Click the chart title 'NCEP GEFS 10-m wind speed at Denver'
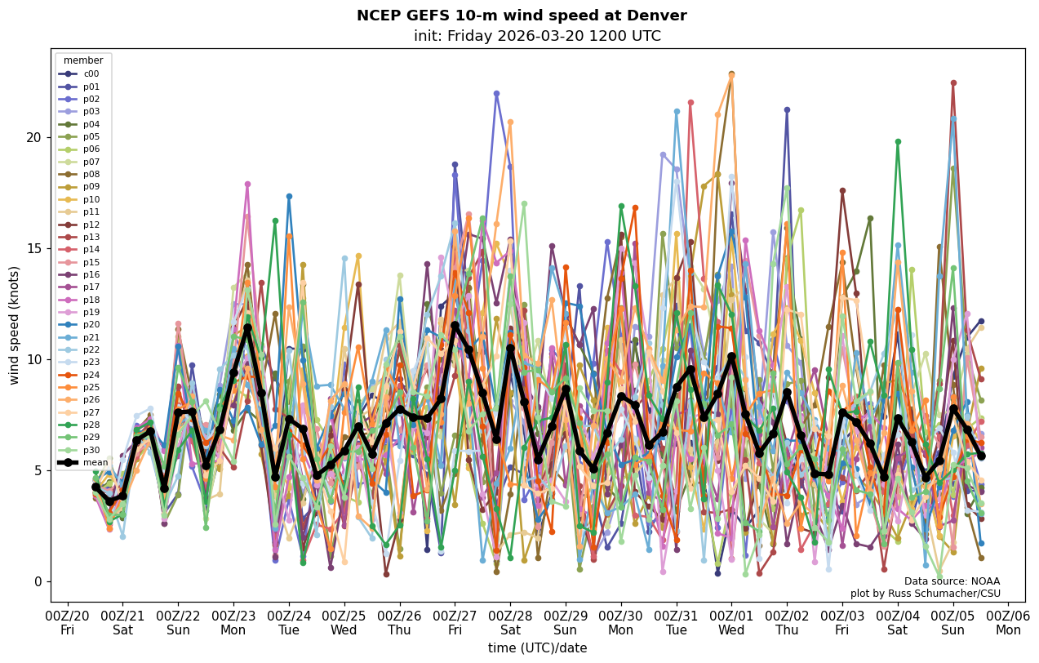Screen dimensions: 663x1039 pos(522,16)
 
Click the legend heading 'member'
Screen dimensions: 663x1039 pos(83,60)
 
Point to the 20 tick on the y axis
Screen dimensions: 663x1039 pos(33,137)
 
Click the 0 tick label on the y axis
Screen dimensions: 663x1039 pos(37,581)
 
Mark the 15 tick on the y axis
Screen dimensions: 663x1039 pos(33,248)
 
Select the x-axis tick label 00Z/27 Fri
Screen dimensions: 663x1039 pos(455,622)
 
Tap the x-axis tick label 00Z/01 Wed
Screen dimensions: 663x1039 pos(731,622)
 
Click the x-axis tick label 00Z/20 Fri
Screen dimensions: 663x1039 pos(67,622)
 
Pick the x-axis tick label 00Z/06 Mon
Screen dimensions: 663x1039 pos(1008,622)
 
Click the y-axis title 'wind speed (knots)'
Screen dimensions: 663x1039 pos(14,325)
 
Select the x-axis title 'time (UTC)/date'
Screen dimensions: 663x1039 pos(537,648)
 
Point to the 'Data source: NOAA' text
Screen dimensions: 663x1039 pos(952,581)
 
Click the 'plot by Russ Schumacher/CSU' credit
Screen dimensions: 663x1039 pos(925,594)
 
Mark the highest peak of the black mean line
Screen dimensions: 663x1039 pos(455,325)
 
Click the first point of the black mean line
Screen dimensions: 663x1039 pos(95,487)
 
